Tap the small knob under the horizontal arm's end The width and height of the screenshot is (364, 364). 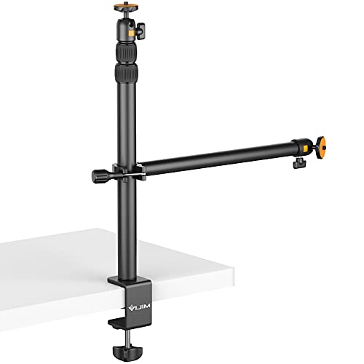298,162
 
